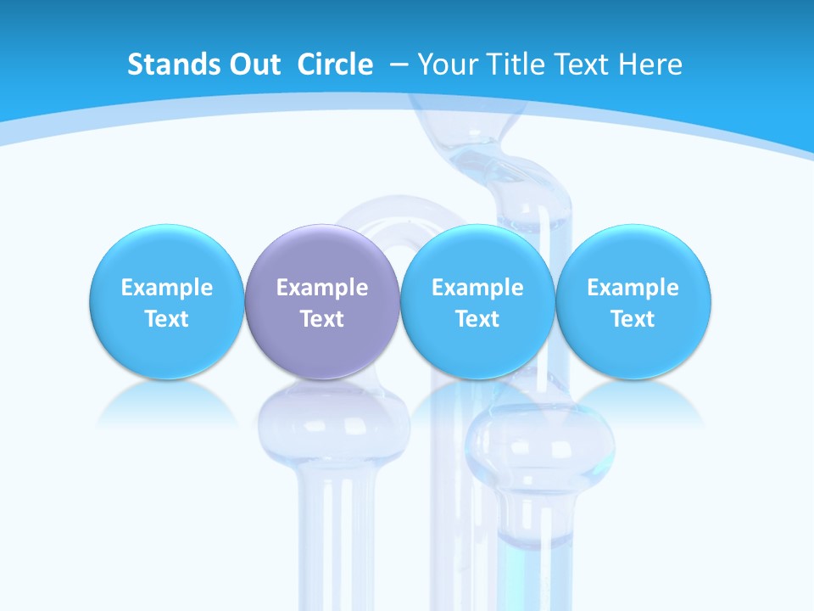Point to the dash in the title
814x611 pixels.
(x=399, y=64)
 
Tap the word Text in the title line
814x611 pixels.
(x=580, y=64)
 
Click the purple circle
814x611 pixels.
(x=322, y=301)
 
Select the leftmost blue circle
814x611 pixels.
(x=166, y=301)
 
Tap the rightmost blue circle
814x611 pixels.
(x=633, y=301)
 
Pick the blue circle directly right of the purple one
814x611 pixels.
(x=477, y=301)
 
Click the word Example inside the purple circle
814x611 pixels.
(x=322, y=288)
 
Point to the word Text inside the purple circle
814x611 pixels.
(x=322, y=319)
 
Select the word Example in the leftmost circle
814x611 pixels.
(x=166, y=288)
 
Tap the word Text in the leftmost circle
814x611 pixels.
(x=166, y=319)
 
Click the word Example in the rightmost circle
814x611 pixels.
(x=633, y=288)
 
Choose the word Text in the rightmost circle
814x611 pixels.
(x=633, y=319)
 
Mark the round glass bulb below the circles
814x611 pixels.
(x=539, y=441)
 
